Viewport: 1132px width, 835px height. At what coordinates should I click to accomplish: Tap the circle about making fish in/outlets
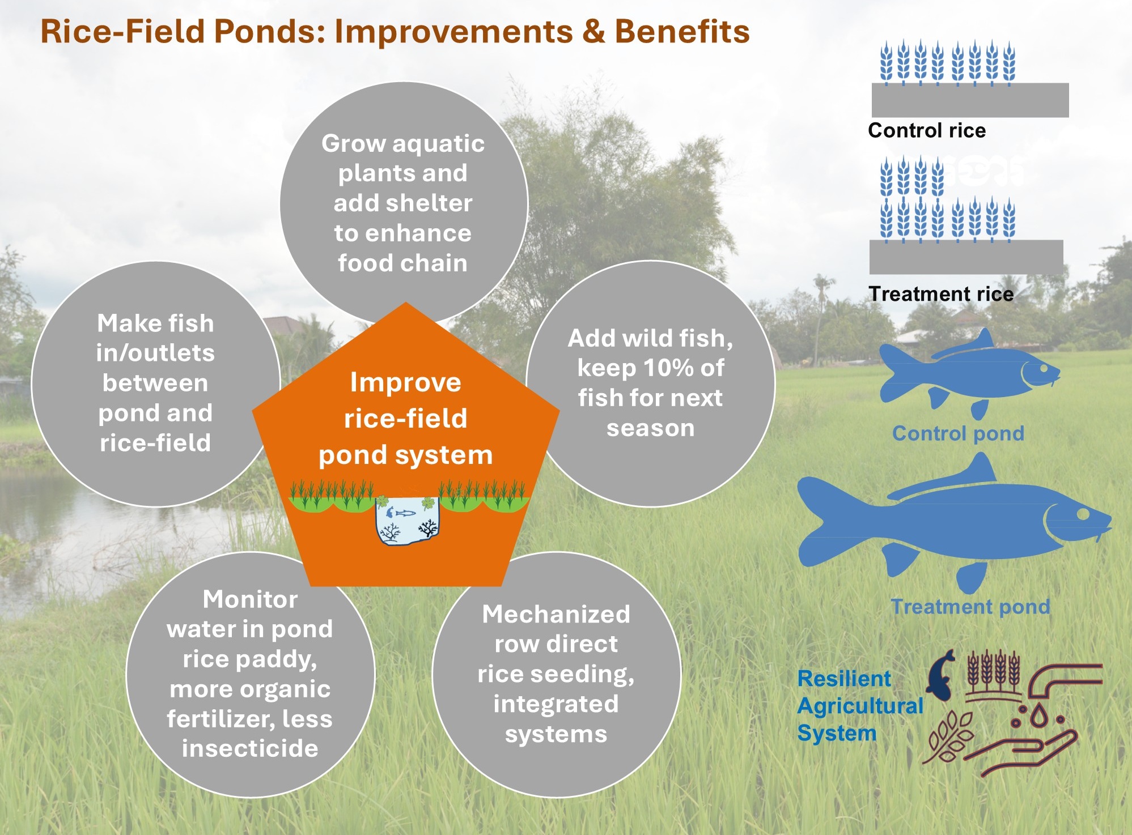155,383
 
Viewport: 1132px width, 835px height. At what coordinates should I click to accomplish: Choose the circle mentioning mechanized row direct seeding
556,674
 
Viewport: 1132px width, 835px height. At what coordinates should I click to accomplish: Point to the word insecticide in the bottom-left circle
250,748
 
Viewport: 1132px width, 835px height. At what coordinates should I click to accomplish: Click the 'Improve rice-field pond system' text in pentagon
405,418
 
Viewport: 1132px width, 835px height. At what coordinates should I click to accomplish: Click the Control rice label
927,130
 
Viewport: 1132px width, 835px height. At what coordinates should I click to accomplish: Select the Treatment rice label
941,294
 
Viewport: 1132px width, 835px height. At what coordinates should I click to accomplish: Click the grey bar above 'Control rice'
970,100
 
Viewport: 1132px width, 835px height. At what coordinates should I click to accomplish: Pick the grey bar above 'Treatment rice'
966,257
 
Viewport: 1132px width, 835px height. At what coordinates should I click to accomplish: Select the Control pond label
958,433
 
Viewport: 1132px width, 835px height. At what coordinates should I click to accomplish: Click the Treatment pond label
970,607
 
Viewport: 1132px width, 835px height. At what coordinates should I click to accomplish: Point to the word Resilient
843,679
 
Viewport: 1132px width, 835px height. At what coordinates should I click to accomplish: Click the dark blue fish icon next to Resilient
941,674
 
